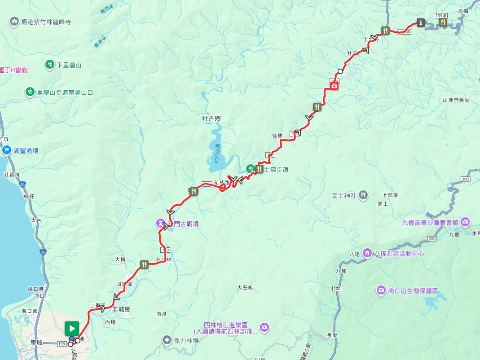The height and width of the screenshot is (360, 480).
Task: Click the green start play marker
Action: [x=72, y=327]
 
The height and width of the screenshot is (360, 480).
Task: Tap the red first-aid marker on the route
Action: [x=334, y=86]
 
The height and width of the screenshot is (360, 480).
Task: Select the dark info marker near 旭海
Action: [x=421, y=22]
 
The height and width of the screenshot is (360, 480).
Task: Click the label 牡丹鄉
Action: [x=211, y=119]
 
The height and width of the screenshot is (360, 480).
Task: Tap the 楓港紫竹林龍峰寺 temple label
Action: [x=46, y=22]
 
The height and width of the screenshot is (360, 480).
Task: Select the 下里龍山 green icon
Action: [x=49, y=65]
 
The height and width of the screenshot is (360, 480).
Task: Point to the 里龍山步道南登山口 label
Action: [x=65, y=92]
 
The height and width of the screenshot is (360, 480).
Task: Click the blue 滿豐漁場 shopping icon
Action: [x=7, y=151]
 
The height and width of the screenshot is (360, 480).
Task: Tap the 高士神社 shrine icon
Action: [x=363, y=195]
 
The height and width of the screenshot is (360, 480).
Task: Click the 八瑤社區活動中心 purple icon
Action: [x=367, y=254]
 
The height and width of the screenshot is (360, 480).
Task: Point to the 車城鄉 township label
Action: [x=121, y=309]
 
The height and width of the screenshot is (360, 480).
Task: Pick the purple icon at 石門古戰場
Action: [x=161, y=223]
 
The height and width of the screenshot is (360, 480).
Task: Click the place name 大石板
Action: [x=246, y=287]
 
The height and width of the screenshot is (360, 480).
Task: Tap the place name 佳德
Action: [x=277, y=135]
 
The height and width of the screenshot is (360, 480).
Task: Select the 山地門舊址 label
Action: [x=456, y=100]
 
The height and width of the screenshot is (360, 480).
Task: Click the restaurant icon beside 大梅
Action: [x=144, y=264]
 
